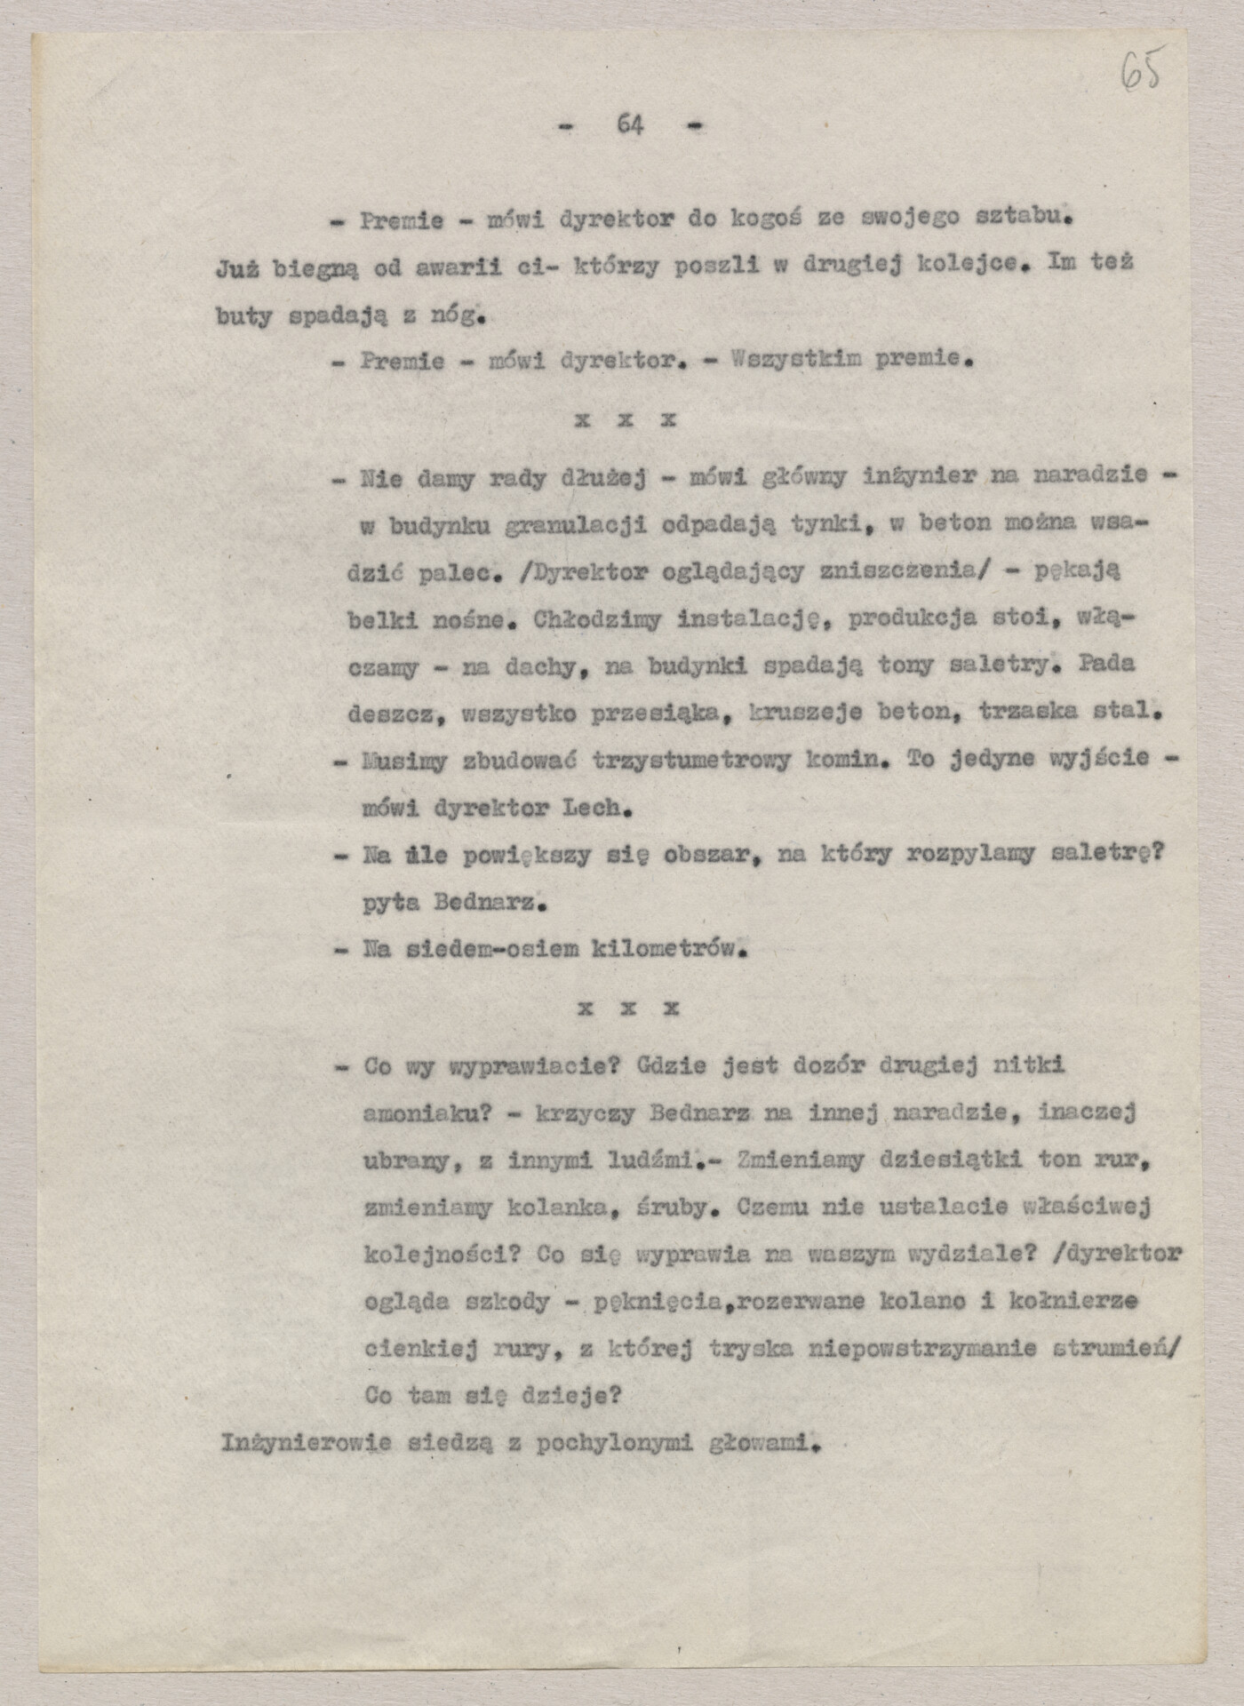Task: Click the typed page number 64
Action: (x=630, y=125)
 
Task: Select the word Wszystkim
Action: (x=794, y=360)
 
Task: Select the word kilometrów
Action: (x=667, y=949)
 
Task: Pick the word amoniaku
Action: (x=427, y=1113)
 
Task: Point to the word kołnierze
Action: (x=1073, y=1302)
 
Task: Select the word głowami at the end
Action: (x=762, y=1443)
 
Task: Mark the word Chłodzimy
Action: (x=597, y=619)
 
